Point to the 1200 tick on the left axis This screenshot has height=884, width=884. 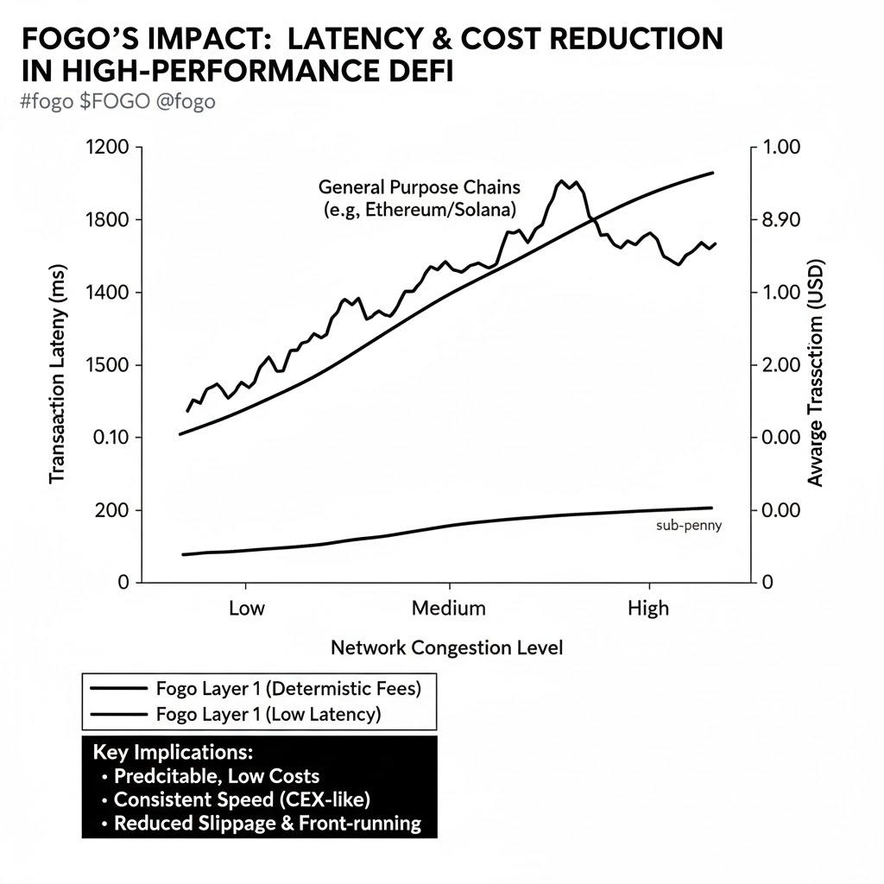point(108,148)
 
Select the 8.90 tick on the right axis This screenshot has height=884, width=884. point(788,220)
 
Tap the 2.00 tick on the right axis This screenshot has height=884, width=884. point(788,365)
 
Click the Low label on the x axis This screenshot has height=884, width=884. point(247,608)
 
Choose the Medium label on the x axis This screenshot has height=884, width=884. point(448,608)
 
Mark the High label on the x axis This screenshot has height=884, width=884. point(647,608)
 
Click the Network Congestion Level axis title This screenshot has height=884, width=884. point(446,647)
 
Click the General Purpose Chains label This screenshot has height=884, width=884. point(420,186)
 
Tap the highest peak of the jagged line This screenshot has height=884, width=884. point(562,181)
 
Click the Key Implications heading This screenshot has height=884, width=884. point(177,750)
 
